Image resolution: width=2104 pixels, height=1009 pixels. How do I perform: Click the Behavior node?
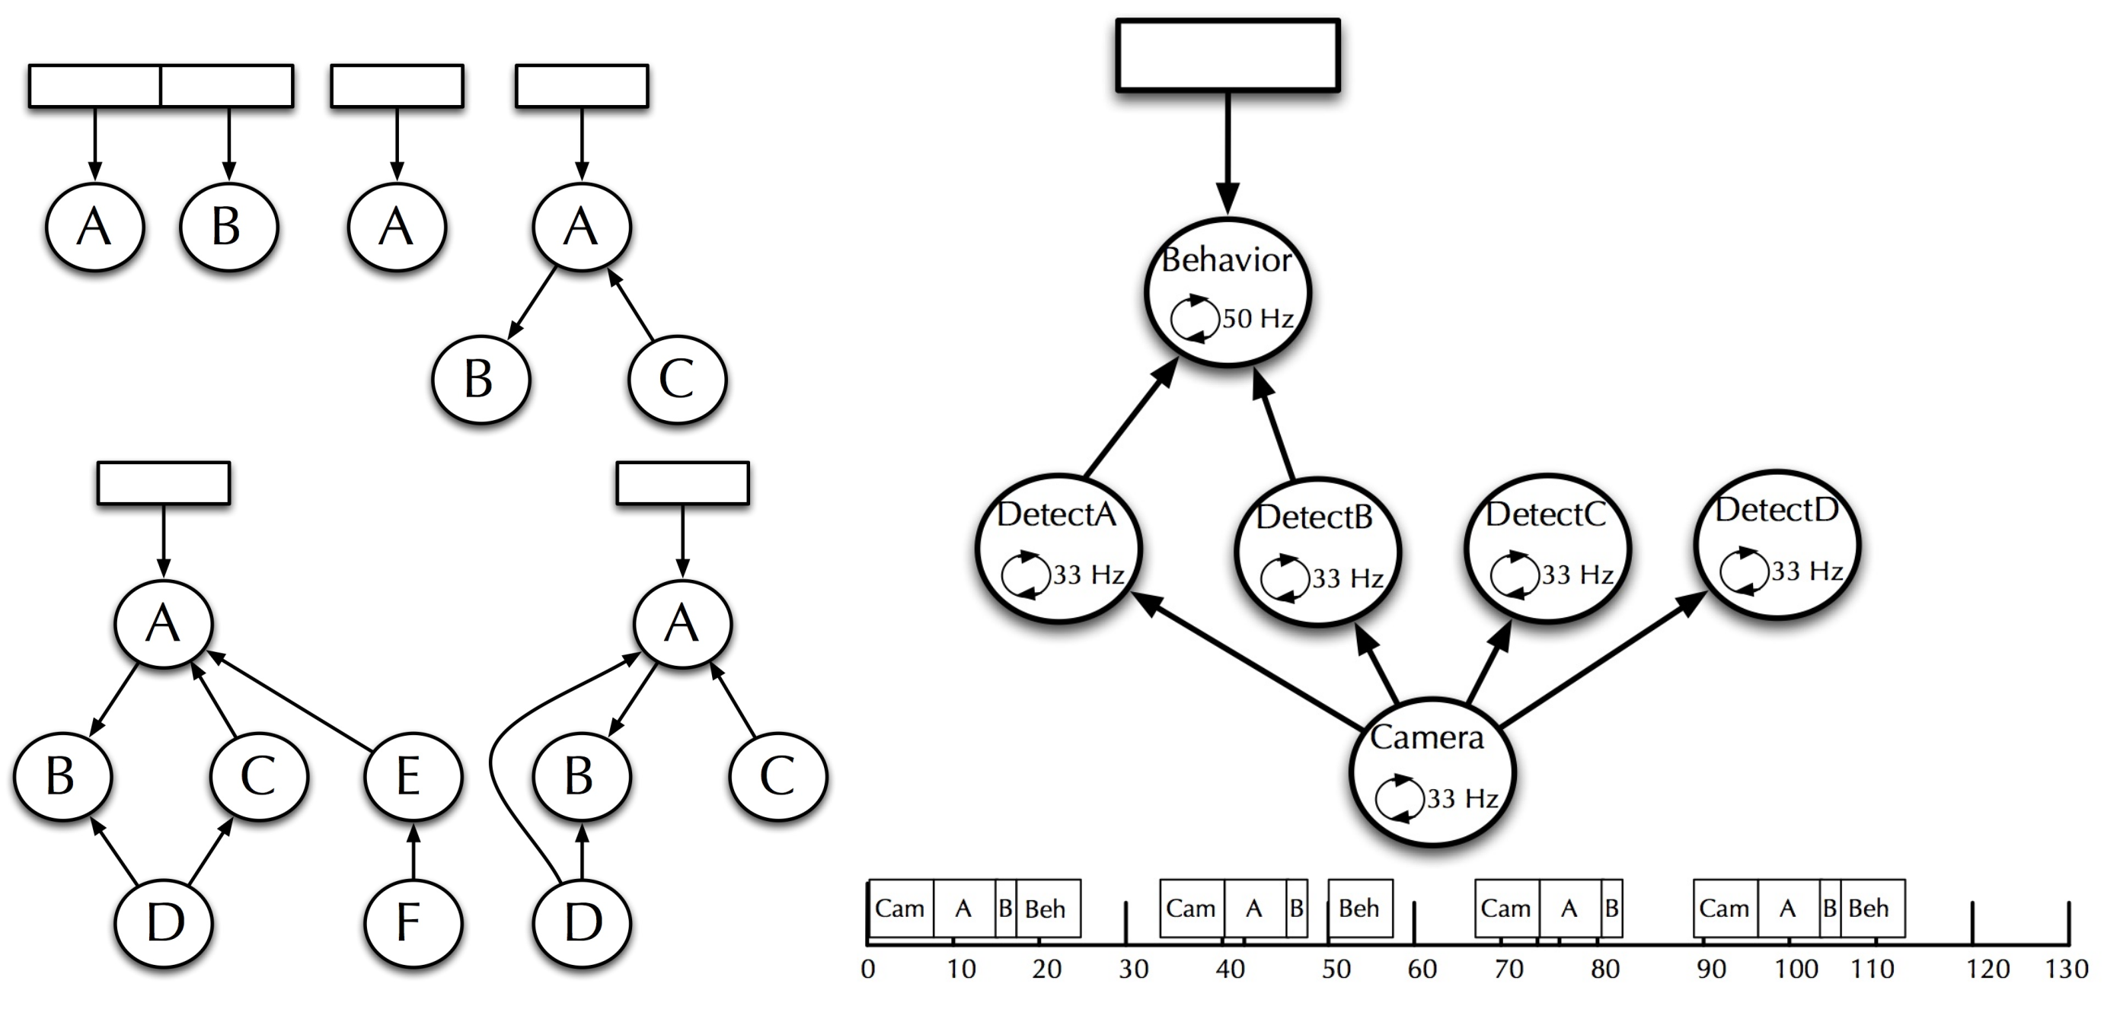1228,292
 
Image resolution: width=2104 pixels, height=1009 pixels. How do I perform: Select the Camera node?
1432,772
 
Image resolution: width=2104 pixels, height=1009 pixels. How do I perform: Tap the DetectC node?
1546,547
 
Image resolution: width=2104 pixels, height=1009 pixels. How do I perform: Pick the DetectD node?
1777,545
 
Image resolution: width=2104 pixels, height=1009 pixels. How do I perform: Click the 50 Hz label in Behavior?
1257,318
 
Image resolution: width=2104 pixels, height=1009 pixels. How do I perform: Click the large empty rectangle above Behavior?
1228,55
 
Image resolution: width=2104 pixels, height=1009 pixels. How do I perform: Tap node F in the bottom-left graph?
413,922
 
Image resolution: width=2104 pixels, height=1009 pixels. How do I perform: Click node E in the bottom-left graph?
413,775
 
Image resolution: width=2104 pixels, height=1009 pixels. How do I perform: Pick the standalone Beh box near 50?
1360,908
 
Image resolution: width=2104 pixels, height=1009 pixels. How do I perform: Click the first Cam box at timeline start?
900,908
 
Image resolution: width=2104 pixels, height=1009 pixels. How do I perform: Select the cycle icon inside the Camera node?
1399,798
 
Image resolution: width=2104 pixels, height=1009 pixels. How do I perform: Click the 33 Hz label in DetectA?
1088,575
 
